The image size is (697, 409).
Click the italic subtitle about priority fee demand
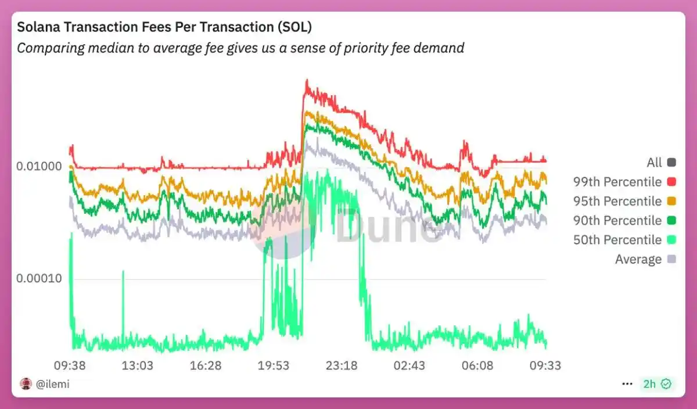coord(240,48)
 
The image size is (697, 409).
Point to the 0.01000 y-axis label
coord(39,166)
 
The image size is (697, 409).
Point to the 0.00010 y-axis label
coord(39,278)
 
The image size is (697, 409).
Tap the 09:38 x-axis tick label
coord(70,365)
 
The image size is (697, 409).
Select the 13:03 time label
coord(137,365)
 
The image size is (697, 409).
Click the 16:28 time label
coord(205,365)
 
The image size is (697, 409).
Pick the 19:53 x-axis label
coord(273,365)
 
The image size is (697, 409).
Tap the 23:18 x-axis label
coord(341,365)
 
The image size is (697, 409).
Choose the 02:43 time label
coord(409,365)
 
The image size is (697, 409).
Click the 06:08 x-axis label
coord(477,365)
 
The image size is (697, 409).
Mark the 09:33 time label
coord(545,365)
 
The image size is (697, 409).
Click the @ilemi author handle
coord(52,384)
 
